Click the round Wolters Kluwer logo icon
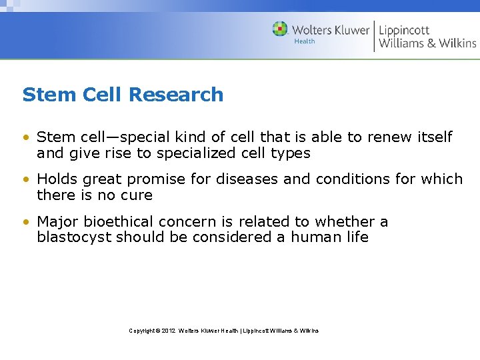(280, 29)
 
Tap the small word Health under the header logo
(305, 41)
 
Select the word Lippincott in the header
(404, 29)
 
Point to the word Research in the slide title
(175, 95)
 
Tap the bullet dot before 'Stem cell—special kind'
(25, 138)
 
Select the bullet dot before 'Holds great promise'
(25, 180)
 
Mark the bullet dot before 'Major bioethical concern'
(25, 222)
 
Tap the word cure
(137, 195)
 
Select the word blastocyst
(74, 237)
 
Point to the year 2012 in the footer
(168, 331)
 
